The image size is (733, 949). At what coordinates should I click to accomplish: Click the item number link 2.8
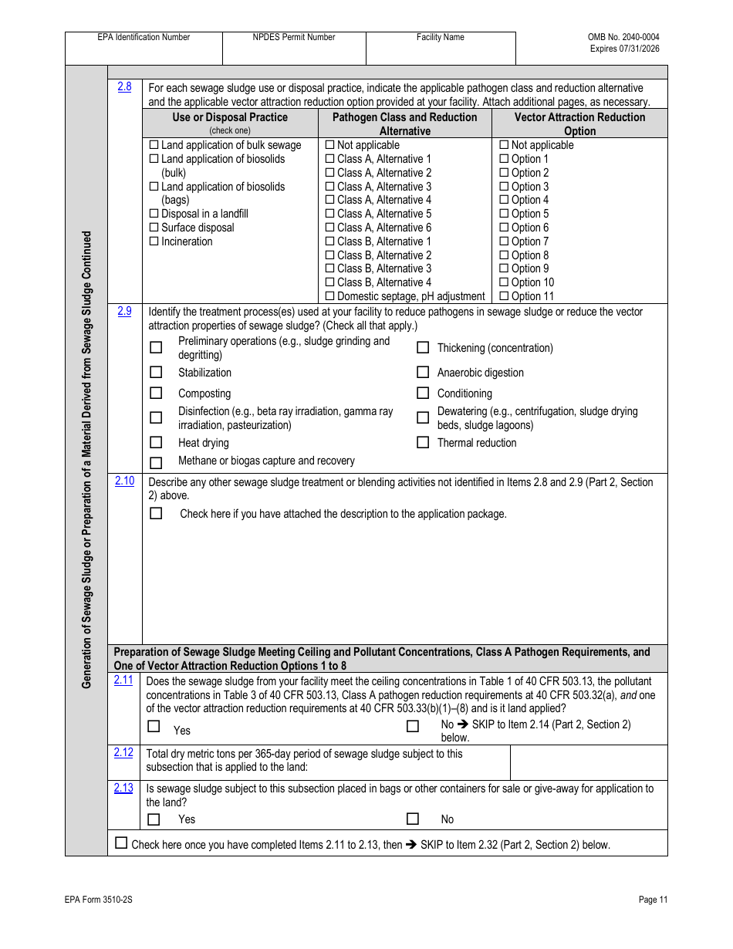124,87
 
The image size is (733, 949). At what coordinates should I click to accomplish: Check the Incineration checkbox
154,241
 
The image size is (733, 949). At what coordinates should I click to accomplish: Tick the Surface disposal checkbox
154,228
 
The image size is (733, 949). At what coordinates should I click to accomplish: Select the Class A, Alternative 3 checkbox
330,187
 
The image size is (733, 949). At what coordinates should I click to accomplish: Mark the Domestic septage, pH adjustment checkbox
330,296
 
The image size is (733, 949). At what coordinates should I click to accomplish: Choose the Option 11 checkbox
504,296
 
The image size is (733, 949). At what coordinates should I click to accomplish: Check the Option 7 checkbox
504,241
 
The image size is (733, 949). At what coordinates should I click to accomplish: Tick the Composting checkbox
156,393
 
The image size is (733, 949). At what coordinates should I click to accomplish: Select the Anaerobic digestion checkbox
423,373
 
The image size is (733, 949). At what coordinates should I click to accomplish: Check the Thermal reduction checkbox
423,443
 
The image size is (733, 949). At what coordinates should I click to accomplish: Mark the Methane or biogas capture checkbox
156,463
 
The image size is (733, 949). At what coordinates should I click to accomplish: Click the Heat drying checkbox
156,443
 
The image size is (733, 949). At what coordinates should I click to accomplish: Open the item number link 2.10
124,481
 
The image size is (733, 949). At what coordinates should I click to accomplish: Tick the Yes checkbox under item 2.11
154,726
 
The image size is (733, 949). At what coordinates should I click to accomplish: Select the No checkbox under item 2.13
413,819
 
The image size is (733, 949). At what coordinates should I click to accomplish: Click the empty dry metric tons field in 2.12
588,762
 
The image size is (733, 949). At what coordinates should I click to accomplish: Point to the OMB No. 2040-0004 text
623,37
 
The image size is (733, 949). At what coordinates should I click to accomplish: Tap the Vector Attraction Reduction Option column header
579,123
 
